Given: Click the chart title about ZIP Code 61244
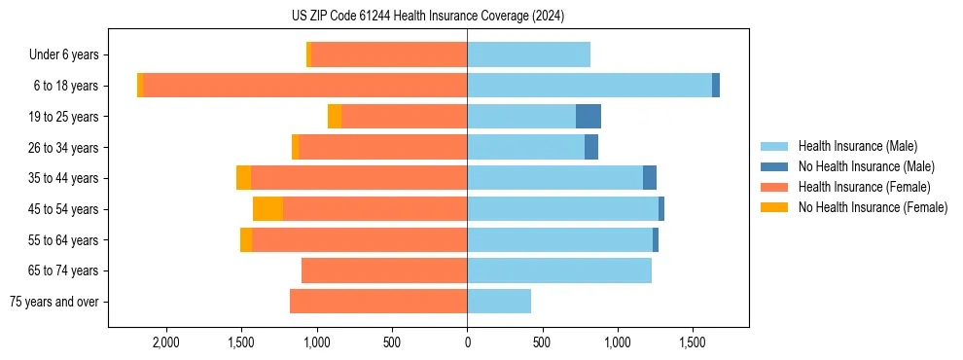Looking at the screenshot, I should pos(467,17).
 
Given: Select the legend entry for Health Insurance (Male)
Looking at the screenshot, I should pos(857,146).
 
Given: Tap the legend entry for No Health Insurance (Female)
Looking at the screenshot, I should pos(873,207).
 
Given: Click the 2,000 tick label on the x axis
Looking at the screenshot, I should pos(165,342).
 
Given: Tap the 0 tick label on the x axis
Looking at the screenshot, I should pos(467,342).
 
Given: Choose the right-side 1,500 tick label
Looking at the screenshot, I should pos(693,342).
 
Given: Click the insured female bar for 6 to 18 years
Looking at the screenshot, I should pos(305,86).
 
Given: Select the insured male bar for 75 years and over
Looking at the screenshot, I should pos(499,302).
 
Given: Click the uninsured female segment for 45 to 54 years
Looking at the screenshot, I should pos(267,209).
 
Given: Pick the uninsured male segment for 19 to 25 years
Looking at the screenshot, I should pos(588,117).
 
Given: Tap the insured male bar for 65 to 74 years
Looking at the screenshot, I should pos(559,270).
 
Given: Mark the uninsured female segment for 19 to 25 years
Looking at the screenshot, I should pos(335,117).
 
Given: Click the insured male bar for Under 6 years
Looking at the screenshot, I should pos(528,55).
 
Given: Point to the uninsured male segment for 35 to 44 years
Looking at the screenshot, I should pos(650,178).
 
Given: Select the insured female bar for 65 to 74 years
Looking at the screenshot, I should pos(384,270).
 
